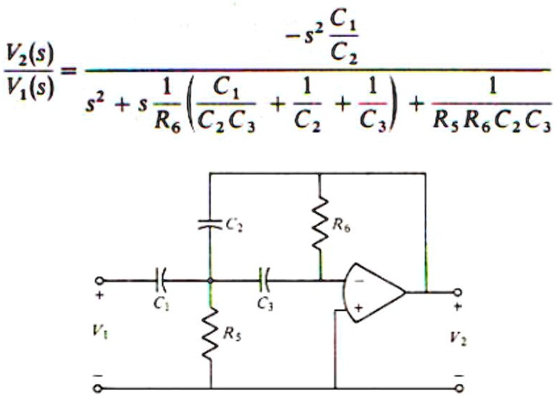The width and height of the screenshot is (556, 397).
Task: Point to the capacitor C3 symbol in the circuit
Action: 265,280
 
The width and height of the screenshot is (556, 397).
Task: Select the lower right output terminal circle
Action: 459,388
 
